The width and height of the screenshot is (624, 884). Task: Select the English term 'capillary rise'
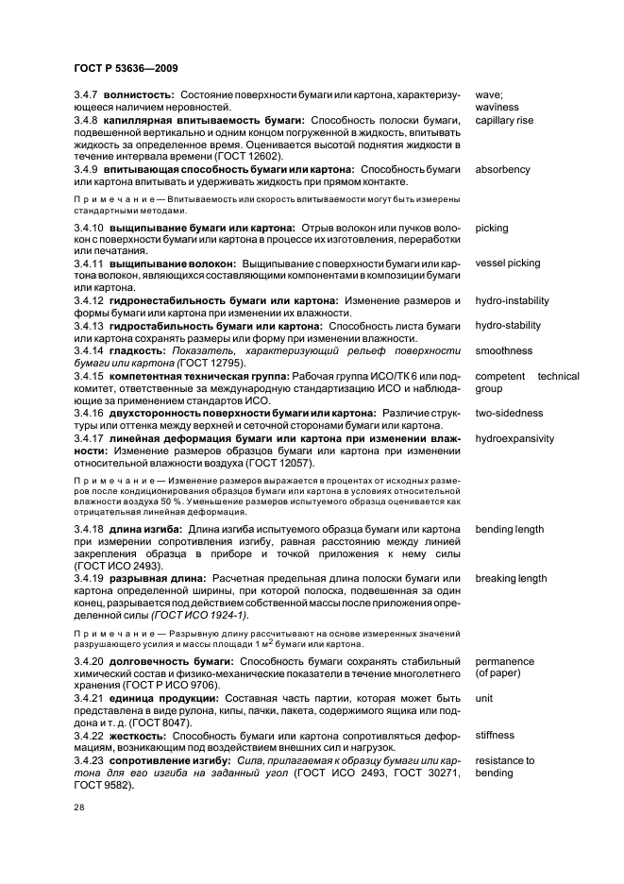(x=504, y=120)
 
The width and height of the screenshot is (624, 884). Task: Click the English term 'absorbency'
(x=502, y=170)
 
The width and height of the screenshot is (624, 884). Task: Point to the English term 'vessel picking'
(x=508, y=263)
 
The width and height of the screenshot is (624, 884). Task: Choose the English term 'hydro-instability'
(x=512, y=301)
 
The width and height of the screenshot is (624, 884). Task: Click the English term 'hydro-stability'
(x=508, y=326)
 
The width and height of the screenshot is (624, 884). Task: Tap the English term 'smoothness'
(x=503, y=350)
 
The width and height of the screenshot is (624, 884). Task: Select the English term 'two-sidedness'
(x=509, y=413)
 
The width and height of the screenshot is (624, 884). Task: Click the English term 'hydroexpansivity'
(x=514, y=438)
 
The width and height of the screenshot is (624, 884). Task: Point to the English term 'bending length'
(x=510, y=529)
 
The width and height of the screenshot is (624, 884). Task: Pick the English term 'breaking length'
(x=511, y=579)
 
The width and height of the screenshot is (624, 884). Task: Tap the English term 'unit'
(x=483, y=697)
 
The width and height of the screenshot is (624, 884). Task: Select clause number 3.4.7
(x=87, y=95)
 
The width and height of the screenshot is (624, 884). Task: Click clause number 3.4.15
(x=90, y=376)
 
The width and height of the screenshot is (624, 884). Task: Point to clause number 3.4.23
(x=90, y=759)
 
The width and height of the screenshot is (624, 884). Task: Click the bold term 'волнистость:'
(x=140, y=95)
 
